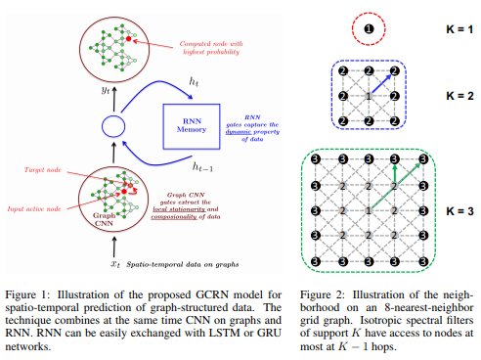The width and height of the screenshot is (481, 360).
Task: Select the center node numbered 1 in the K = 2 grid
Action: pyautogui.click(x=368, y=96)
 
